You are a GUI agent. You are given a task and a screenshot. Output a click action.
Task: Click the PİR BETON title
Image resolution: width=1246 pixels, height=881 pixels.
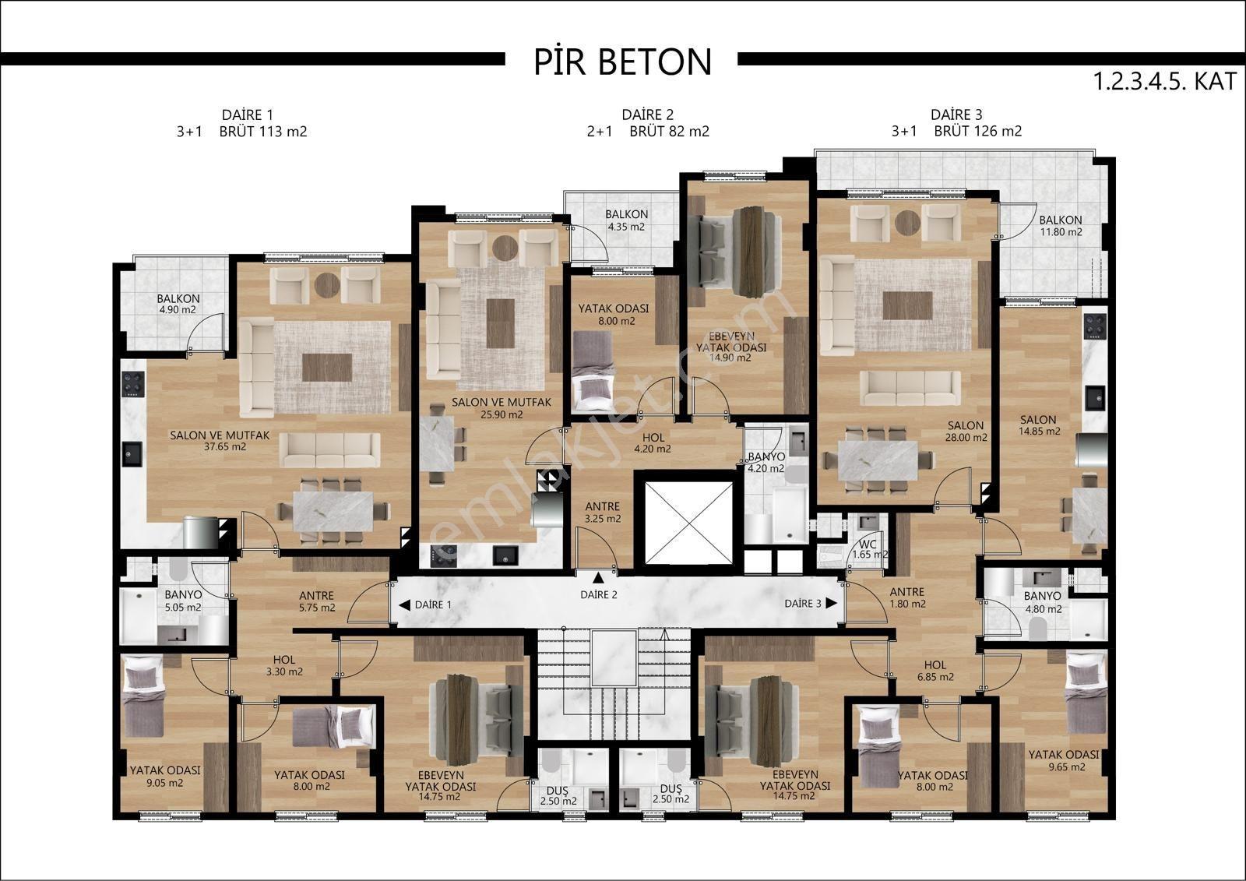(622, 62)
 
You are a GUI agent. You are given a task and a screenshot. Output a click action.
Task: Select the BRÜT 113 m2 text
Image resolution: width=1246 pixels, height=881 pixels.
(263, 132)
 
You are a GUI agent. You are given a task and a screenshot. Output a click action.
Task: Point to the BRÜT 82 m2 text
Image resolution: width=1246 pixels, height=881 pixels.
(669, 132)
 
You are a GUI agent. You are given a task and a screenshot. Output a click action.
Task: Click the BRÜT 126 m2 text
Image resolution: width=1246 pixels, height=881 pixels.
(978, 132)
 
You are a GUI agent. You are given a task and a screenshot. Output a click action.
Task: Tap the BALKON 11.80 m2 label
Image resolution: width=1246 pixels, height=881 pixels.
(1061, 226)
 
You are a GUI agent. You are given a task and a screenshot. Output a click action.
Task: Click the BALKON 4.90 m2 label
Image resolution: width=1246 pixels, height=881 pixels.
(178, 304)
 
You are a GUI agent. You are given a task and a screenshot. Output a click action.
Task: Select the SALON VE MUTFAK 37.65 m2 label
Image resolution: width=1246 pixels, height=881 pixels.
(220, 441)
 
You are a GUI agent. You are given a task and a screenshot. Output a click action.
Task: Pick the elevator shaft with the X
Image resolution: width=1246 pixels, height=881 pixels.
(689, 523)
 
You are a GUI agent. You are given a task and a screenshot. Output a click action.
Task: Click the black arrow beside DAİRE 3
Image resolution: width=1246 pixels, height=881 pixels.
(832, 603)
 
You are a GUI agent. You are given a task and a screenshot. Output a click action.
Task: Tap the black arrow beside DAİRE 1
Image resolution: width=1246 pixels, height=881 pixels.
(405, 605)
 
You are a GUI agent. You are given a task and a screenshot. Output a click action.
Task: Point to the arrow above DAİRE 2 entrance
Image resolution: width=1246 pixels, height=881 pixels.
(599, 577)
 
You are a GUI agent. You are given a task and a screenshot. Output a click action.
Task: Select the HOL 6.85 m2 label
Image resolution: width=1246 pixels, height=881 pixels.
(935, 671)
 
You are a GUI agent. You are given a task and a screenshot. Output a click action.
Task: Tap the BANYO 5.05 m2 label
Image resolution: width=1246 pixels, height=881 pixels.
(183, 601)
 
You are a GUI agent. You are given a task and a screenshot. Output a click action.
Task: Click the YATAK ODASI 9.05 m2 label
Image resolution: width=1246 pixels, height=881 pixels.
(165, 777)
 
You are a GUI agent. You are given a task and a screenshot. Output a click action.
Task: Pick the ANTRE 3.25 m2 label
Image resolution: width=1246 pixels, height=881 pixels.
(603, 513)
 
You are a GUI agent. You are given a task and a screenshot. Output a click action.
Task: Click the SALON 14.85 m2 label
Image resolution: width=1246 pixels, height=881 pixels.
(1039, 425)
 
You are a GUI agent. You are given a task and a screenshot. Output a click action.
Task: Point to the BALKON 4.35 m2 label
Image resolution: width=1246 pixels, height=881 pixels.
(626, 220)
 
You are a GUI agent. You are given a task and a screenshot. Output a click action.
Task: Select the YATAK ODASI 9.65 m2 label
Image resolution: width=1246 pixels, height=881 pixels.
(1064, 761)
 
